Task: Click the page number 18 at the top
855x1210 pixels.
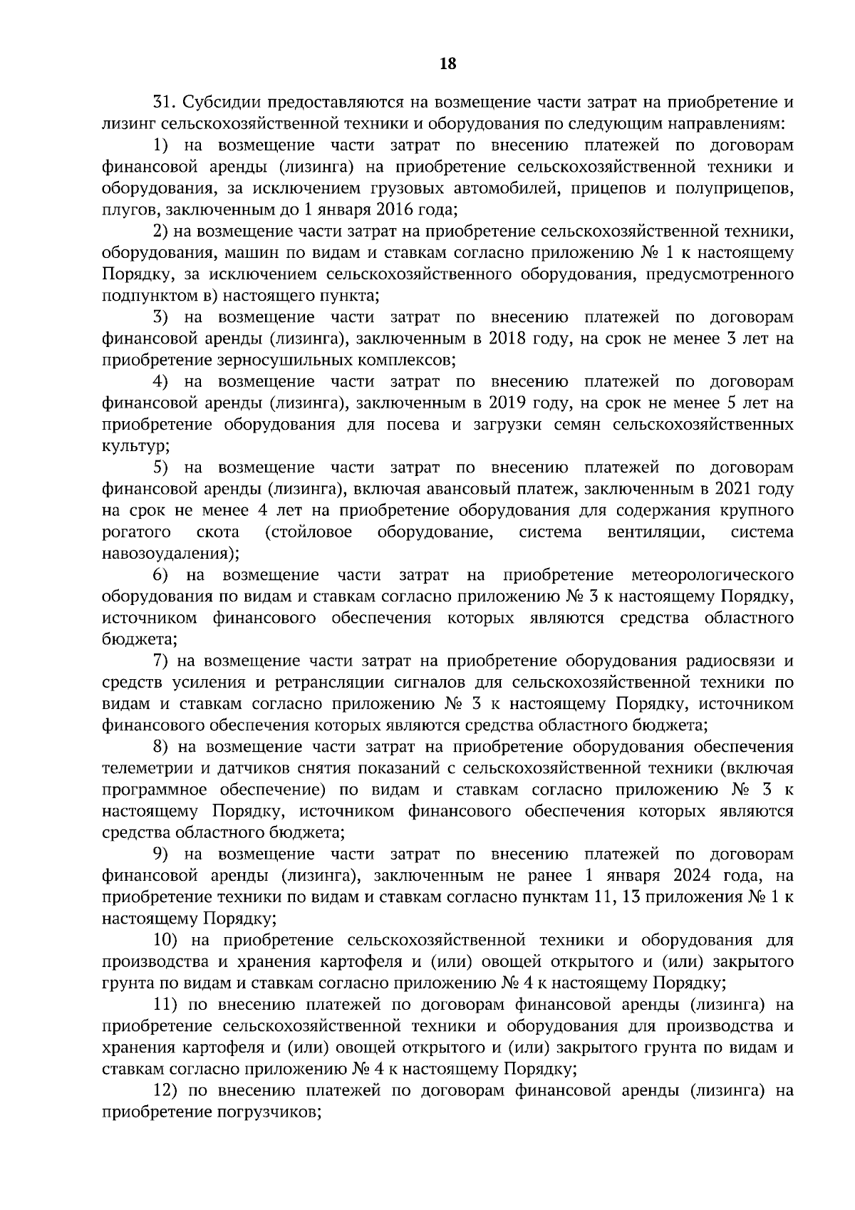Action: [x=448, y=63]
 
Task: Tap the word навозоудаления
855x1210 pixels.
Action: [x=169, y=554]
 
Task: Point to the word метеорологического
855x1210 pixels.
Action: [x=712, y=575]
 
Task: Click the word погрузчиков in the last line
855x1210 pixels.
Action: [x=266, y=1112]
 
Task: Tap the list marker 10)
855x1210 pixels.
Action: [x=165, y=940]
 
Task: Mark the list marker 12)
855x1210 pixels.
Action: [x=165, y=1090]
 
